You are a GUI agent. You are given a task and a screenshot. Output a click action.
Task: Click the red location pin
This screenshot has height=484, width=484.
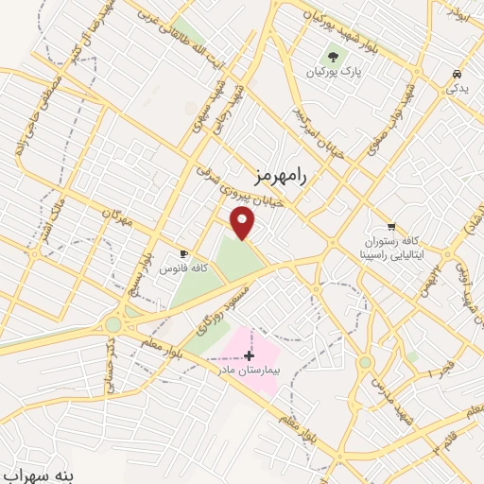pyautogui.click(x=243, y=223)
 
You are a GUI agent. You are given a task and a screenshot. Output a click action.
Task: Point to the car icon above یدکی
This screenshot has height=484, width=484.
pyautogui.click(x=457, y=74)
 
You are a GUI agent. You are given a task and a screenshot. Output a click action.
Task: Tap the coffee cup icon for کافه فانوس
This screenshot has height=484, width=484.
pyautogui.click(x=183, y=253)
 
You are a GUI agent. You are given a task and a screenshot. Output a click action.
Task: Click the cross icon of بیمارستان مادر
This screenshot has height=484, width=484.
pyautogui.click(x=249, y=355)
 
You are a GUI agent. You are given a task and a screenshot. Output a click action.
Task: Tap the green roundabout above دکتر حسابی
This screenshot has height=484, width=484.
pyautogui.click(x=112, y=324)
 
